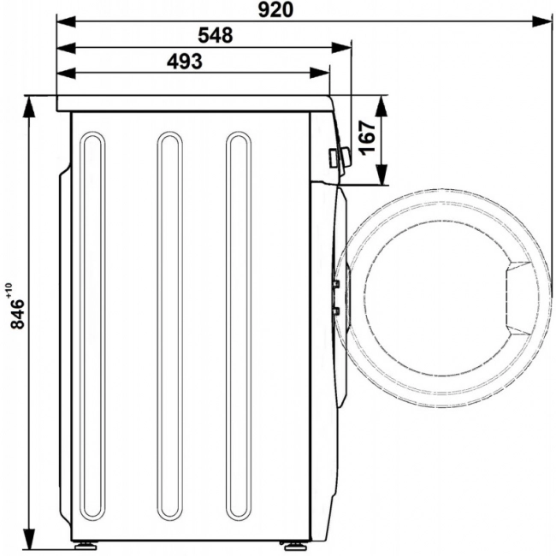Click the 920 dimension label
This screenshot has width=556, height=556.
pyautogui.click(x=275, y=10)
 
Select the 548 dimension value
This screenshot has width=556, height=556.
pyautogui.click(x=216, y=35)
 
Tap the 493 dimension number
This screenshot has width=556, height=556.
pyautogui.click(x=185, y=62)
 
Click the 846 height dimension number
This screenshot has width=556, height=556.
pyautogui.click(x=17, y=314)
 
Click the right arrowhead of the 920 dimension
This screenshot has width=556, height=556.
pyautogui.click(x=542, y=21)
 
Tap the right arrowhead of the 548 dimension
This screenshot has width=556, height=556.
pyautogui.click(x=341, y=48)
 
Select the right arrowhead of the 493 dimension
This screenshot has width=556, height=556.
pyautogui.click(x=320, y=74)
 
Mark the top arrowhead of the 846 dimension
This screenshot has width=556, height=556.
pyautogui.click(x=29, y=106)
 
